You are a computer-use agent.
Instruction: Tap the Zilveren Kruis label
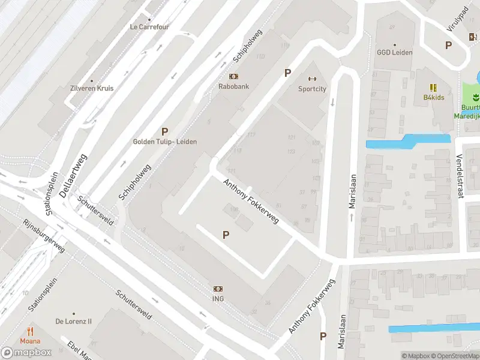(91, 88)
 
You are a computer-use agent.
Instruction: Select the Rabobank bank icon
(233, 76)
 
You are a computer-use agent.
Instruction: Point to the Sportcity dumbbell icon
(312, 79)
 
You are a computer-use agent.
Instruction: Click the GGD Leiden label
(394, 52)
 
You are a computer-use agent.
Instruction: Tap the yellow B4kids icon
(433, 88)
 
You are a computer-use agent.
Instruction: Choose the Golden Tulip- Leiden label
(164, 142)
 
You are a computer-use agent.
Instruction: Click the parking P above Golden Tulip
(164, 131)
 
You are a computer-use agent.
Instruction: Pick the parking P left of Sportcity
(287, 73)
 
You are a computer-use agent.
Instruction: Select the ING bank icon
(218, 289)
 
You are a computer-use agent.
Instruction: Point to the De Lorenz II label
(74, 321)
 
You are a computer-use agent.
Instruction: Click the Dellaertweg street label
(73, 175)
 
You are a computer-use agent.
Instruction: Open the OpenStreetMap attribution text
(453, 356)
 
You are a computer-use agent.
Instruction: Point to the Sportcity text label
(312, 89)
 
